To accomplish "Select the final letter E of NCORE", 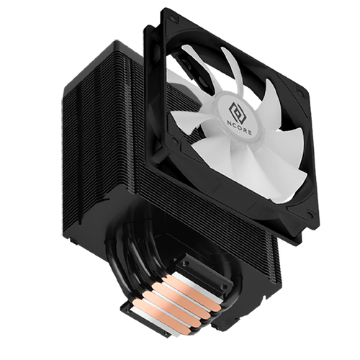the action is [x=250, y=132].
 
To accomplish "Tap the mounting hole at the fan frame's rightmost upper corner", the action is [x=300, y=92].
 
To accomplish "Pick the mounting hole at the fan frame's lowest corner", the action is [x=310, y=215].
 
